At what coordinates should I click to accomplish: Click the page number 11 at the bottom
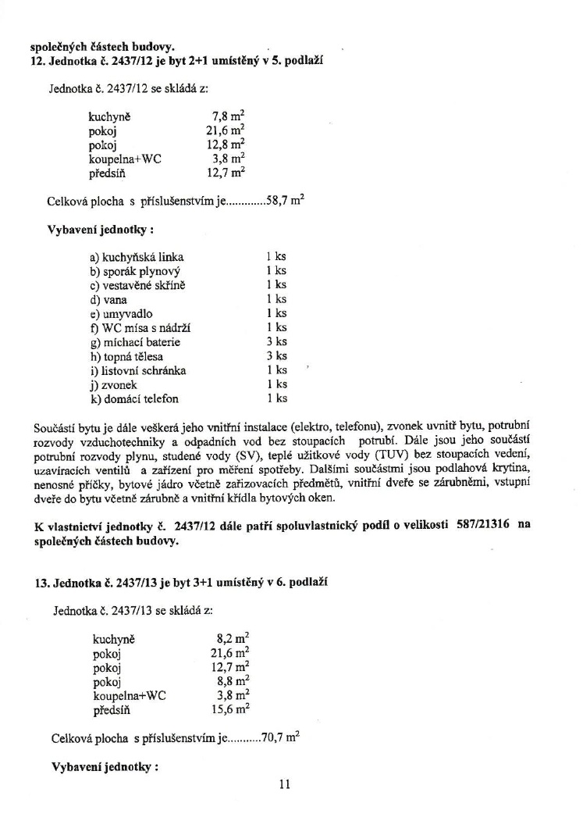coord(284,785)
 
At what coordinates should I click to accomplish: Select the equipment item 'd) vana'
coord(108,299)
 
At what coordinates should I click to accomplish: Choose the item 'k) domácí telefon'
coord(134,398)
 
